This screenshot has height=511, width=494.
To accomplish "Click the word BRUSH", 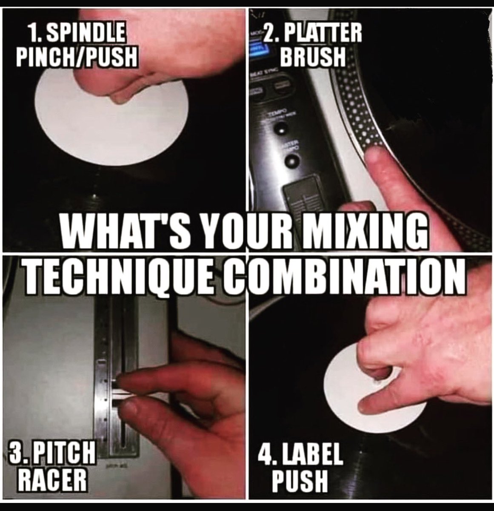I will click(x=315, y=57).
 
